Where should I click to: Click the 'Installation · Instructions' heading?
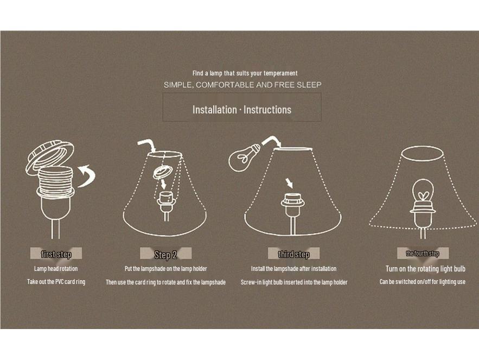(x=241, y=110)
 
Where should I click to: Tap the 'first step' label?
(x=56, y=254)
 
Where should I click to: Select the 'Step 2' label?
(x=165, y=255)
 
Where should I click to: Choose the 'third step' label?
(x=293, y=254)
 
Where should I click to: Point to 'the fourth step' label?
(x=423, y=253)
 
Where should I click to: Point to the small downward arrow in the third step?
(x=289, y=184)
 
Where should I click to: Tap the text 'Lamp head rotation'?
(x=56, y=269)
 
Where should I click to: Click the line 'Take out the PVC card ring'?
(x=56, y=282)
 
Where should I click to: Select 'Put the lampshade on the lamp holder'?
(x=165, y=269)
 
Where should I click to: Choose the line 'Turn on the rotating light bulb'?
(x=425, y=269)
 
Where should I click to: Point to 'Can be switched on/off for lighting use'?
(x=423, y=282)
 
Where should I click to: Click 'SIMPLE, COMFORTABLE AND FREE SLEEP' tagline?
(x=242, y=85)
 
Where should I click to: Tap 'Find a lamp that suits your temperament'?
(x=245, y=73)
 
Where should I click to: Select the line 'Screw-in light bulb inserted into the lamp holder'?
(x=294, y=282)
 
